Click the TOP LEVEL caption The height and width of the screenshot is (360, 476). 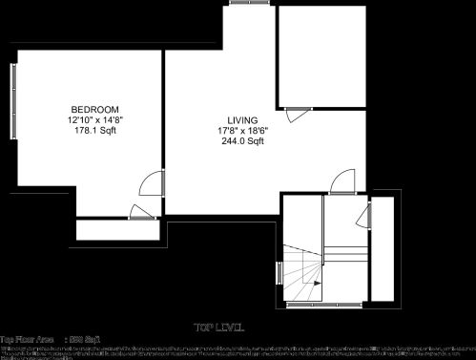pyautogui.click(x=218, y=328)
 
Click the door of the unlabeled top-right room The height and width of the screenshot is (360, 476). pyautogui.click(x=298, y=112)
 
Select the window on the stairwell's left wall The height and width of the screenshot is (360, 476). pyautogui.click(x=279, y=272)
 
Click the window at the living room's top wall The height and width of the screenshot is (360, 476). pyautogui.click(x=252, y=5)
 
